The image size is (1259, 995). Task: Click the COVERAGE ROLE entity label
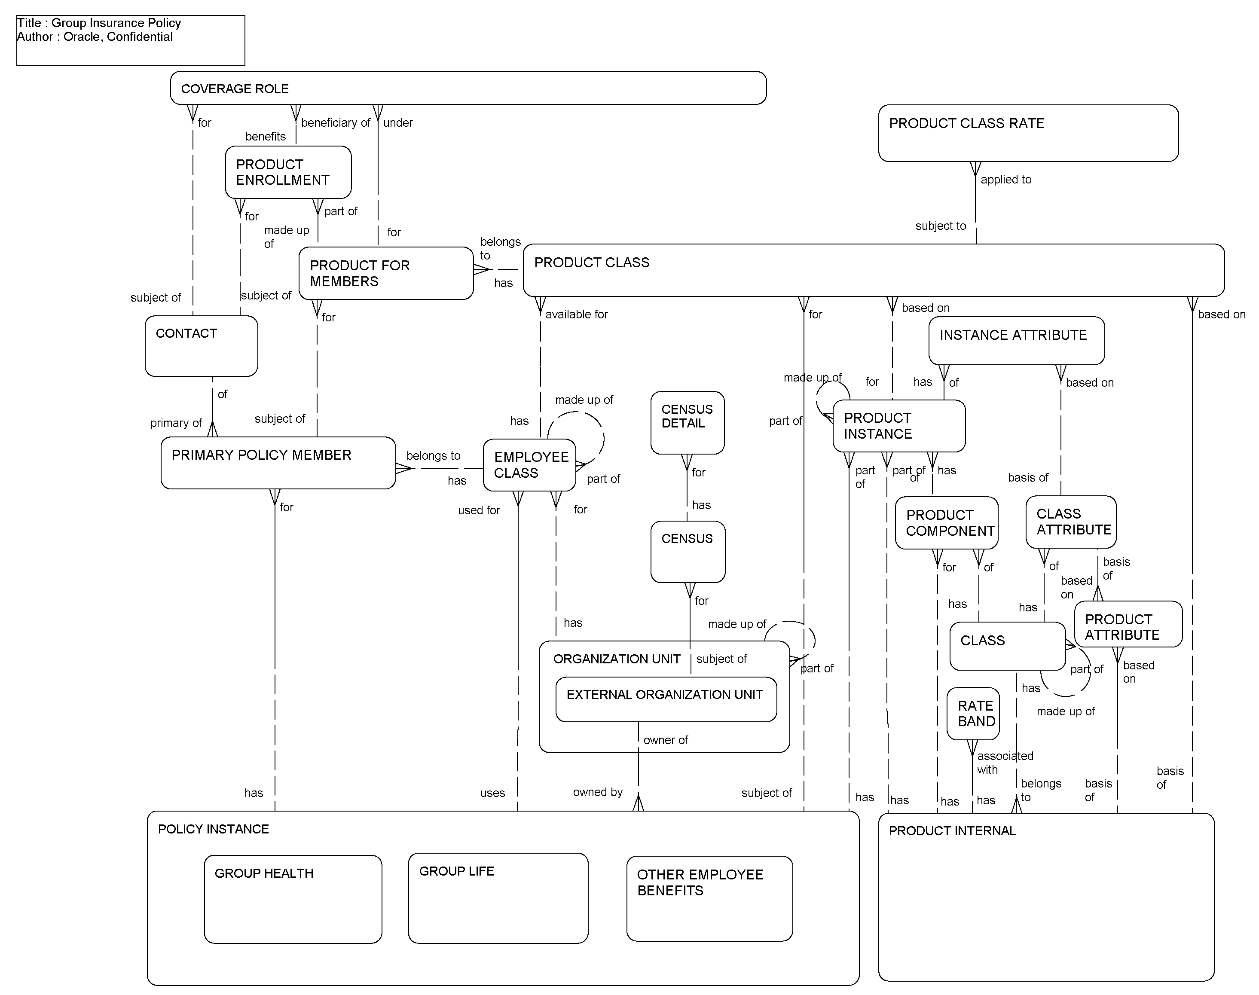235,89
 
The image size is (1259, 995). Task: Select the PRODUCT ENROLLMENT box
288,172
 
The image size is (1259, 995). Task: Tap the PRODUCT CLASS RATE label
966,123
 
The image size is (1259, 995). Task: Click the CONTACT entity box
201,346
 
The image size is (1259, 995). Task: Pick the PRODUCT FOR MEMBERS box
386,273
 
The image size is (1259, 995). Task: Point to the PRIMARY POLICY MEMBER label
261,455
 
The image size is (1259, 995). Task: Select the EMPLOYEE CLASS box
529,465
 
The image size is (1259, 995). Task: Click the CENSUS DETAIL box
687,422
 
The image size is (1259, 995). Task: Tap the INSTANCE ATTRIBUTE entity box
1016,341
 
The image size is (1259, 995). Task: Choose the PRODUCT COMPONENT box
946,522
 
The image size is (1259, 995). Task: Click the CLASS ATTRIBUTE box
1071,522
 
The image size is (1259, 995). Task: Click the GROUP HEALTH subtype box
293,899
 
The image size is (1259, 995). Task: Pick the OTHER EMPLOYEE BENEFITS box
709,898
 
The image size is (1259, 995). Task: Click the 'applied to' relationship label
1005,180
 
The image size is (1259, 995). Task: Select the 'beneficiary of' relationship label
336,123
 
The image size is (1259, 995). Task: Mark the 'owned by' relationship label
598,792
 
